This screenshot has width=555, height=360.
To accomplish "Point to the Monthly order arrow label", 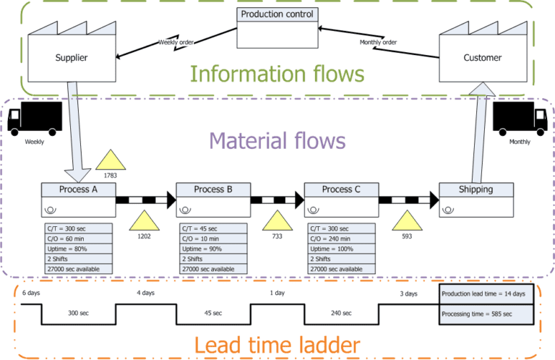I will tap(378, 42).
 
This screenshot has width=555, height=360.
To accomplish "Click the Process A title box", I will tap(78, 189).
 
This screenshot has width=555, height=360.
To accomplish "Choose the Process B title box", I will tap(214, 189).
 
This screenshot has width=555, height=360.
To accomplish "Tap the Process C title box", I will tap(341, 189).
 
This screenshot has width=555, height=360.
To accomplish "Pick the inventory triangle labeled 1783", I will tap(111, 161).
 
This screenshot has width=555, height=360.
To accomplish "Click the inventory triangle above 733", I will tap(277, 220).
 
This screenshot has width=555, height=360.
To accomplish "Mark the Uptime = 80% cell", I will tap(78, 249).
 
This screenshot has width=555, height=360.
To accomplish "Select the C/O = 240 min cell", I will tap(341, 239).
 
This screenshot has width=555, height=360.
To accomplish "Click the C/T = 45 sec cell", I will tap(214, 228).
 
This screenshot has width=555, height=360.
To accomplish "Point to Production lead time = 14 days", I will tap(487, 294).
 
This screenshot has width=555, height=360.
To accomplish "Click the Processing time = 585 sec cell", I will tap(487, 314).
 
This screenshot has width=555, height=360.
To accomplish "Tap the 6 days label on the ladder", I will tap(31, 293).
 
